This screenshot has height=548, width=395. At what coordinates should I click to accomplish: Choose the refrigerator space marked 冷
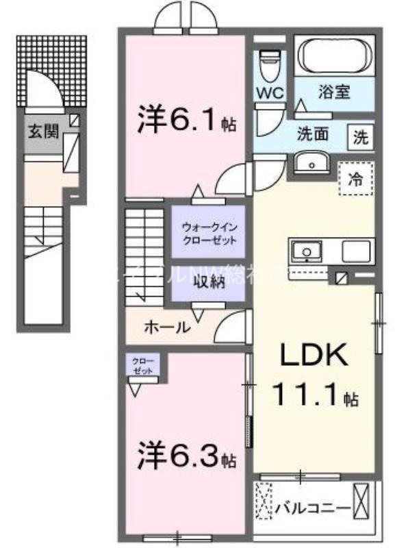(x=356, y=179)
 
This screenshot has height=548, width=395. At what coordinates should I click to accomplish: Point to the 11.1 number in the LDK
(x=307, y=396)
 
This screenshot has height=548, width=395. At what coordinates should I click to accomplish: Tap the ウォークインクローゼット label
(x=209, y=233)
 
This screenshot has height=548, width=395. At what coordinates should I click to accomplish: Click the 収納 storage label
(x=208, y=283)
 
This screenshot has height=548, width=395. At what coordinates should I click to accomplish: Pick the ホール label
(x=167, y=327)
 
